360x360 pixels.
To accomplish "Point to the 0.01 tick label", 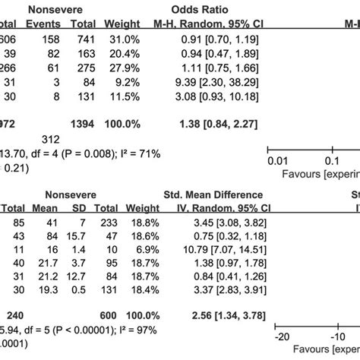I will click(x=278, y=161).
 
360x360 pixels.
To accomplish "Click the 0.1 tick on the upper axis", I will click(x=330, y=161).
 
